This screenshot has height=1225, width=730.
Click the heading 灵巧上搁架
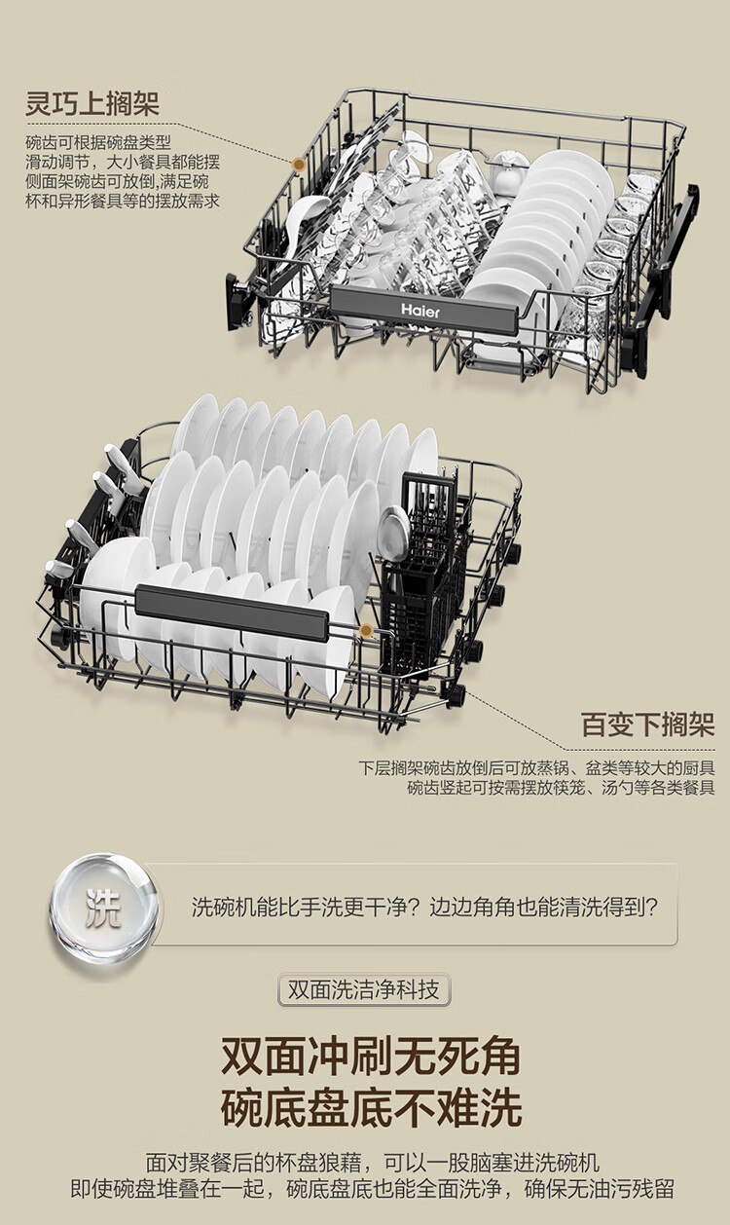[x=92, y=104]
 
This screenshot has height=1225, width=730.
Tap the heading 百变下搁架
[x=647, y=724]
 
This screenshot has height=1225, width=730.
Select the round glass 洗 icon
[x=103, y=908]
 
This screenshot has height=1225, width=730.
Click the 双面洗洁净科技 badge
[x=364, y=991]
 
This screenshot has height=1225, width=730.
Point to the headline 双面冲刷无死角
[x=371, y=1056]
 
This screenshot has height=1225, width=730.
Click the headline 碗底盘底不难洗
[x=371, y=1107]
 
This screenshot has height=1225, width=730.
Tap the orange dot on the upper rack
[x=299, y=164]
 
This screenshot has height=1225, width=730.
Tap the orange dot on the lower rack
[x=366, y=631]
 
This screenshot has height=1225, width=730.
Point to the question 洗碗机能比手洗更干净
[x=424, y=908]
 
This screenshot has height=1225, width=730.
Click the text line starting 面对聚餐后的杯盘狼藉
[x=372, y=1163]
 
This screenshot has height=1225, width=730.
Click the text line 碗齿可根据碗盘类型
[x=98, y=144]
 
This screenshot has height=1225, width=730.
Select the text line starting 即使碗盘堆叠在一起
[x=372, y=1189]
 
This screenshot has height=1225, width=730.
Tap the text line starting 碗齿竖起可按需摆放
[x=561, y=787]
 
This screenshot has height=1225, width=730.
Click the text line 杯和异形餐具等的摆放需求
[x=123, y=201]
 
